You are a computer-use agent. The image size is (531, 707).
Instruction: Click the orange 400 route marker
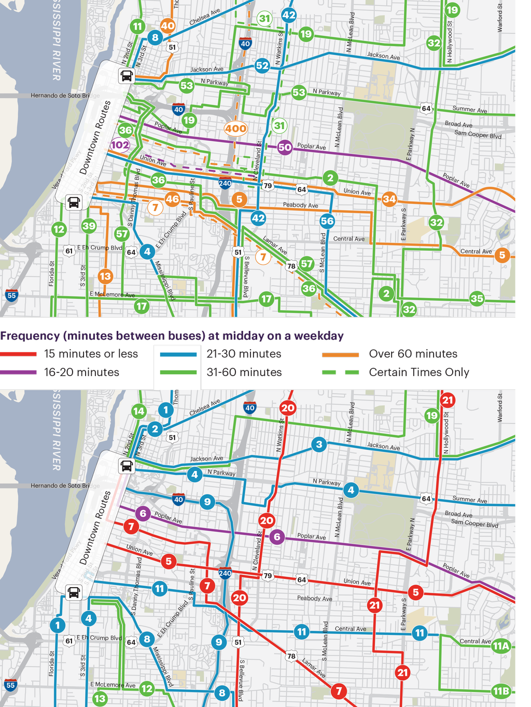coord(235,129)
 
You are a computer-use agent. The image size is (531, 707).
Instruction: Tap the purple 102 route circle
coord(120,145)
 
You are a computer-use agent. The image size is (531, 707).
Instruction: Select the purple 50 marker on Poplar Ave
coord(285,147)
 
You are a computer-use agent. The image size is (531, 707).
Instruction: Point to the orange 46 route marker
coord(172,199)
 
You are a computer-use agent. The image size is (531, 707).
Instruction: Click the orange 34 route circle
coord(389,199)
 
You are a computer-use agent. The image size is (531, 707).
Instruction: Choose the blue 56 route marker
coord(327,221)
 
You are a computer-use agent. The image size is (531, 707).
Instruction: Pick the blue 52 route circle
coord(262,65)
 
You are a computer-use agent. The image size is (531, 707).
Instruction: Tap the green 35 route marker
coord(477,298)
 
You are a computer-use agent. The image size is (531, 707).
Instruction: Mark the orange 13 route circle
coord(105,276)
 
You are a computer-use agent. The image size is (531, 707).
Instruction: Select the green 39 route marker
coord(89,226)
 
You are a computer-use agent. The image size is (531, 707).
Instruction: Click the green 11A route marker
coord(501,646)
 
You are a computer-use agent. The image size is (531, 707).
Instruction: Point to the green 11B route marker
coord(501,691)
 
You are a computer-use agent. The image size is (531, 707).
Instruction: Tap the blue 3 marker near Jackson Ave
coord(319,444)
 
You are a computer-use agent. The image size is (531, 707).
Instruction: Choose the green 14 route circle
coord(138,411)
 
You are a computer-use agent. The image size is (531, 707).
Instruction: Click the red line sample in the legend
coord(19,354)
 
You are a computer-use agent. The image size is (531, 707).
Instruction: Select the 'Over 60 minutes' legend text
coord(413,354)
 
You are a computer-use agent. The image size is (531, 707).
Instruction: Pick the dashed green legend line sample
coord(340,372)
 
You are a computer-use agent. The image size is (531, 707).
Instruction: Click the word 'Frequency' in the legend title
coord(30,336)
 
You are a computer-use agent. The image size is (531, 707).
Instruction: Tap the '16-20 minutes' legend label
coord(81,372)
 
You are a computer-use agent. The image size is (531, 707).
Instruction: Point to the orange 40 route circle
coord(167,25)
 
